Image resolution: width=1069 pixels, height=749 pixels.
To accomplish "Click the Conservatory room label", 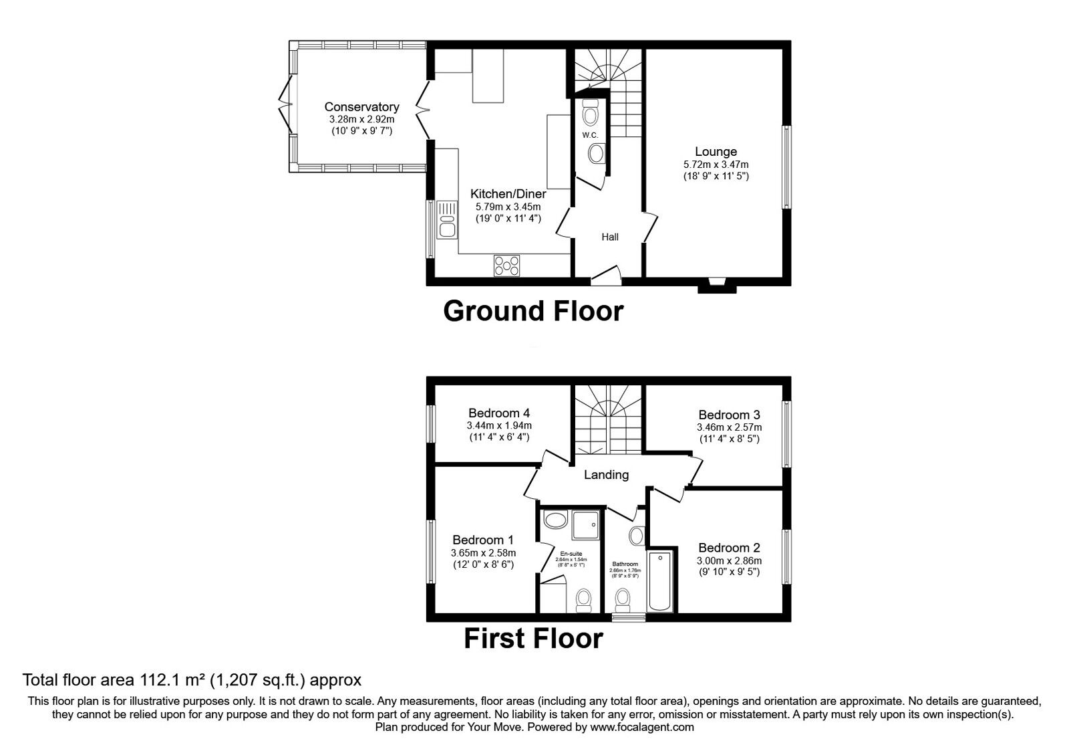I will pos(361,107).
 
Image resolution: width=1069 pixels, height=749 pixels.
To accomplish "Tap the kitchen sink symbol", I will pos(446,221).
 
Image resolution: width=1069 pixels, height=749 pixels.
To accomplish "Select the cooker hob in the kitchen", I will pos(507,265).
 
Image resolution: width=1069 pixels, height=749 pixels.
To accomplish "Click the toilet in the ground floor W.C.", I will pos(591,114).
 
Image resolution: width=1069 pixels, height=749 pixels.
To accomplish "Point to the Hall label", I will pos(609,237).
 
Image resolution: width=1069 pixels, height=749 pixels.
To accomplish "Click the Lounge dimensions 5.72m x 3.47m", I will pos(716,165).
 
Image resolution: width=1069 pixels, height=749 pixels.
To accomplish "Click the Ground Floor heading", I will pos(533,311).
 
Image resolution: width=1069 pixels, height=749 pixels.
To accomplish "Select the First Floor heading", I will pos(533,639).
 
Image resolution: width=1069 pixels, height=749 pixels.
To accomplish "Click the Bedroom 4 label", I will pos(499,413).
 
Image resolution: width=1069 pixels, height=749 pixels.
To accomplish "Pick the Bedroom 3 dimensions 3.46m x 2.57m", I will pos(729,427).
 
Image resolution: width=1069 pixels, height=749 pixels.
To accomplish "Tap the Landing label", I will pos(606,475).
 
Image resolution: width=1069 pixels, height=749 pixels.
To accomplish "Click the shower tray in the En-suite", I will pos(586,525).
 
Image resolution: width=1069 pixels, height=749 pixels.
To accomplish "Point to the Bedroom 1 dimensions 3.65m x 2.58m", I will pos(483,553).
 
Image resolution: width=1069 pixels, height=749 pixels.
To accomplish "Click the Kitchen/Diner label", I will pos(508,194).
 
